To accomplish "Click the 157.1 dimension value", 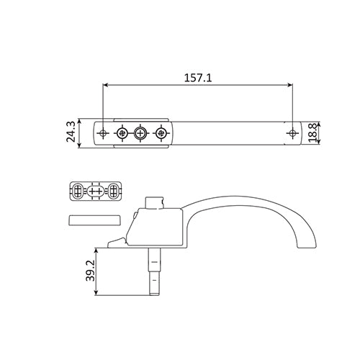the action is [x=198, y=78].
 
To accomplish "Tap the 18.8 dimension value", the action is [x=313, y=133].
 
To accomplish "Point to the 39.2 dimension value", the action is [x=91, y=271].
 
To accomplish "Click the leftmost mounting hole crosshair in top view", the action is [x=103, y=132].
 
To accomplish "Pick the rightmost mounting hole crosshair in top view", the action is [x=292, y=132].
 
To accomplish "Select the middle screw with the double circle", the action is [x=140, y=132].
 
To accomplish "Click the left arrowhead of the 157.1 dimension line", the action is [x=105, y=85].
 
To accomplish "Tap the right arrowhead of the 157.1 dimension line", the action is [x=290, y=85].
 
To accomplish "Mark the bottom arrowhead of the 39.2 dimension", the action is [x=96, y=292].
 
